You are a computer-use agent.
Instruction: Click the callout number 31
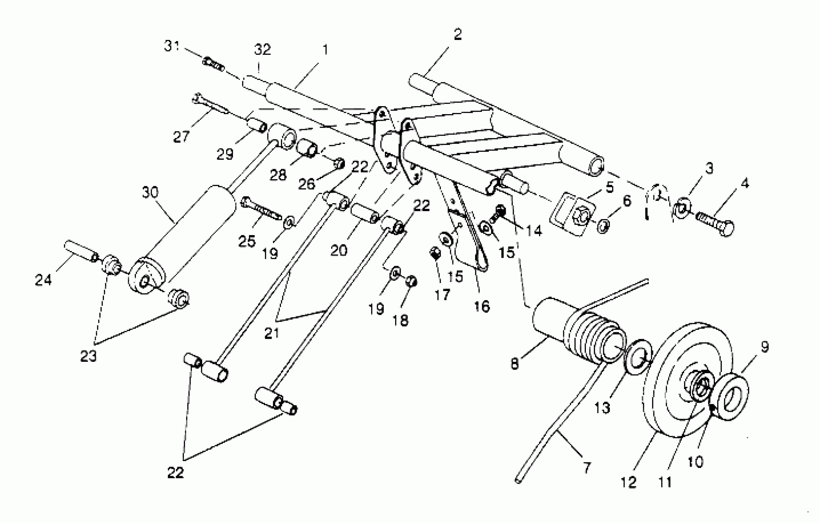coord(172,46)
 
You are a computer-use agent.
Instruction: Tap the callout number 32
coord(262,50)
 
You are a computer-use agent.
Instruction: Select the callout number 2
coord(457,34)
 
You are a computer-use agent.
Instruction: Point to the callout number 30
coord(150,192)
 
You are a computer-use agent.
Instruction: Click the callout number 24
coord(43,280)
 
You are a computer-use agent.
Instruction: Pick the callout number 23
coord(89,356)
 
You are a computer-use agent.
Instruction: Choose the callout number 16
coord(482,306)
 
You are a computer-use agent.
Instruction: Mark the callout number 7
coord(587,468)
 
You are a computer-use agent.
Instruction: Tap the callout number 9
coord(765,347)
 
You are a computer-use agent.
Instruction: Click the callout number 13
coord(602,408)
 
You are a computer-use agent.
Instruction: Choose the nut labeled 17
coord(435,253)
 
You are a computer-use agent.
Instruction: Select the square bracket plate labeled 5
coord(572,214)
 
